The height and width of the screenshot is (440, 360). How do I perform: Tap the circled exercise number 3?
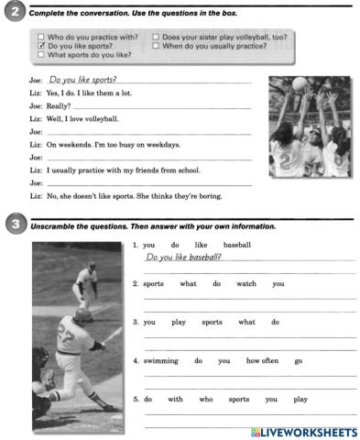[x=13, y=225]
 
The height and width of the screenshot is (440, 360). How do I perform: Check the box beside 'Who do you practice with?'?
[x=41, y=37]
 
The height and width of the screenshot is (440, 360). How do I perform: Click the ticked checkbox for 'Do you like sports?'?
[x=41, y=46]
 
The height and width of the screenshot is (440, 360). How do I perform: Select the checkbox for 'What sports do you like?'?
[x=41, y=55]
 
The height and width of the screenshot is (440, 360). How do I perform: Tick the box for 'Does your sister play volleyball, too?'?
[x=157, y=37]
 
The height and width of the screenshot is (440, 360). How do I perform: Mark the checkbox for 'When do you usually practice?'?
[x=157, y=46]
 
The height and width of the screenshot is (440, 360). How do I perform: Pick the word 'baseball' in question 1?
[x=236, y=245]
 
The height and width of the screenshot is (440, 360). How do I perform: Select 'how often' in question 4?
[x=262, y=360]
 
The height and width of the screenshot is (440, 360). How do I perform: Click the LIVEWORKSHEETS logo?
[x=300, y=431]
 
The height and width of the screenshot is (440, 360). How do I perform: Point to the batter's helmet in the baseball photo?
[x=84, y=314]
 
